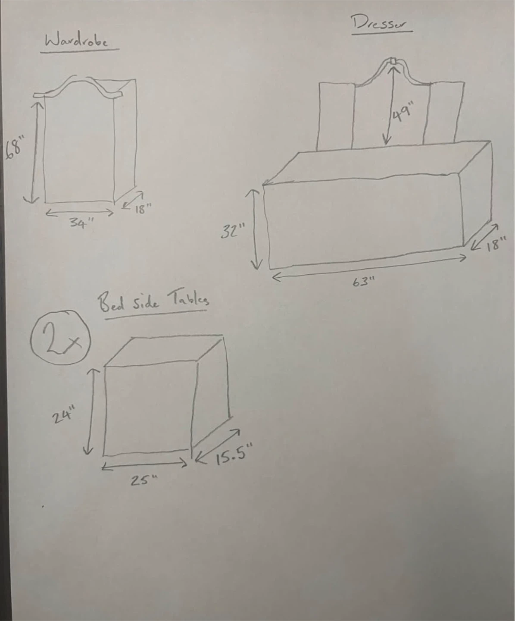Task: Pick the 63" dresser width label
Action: pyautogui.click(x=364, y=281)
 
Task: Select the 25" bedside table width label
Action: pyautogui.click(x=144, y=480)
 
